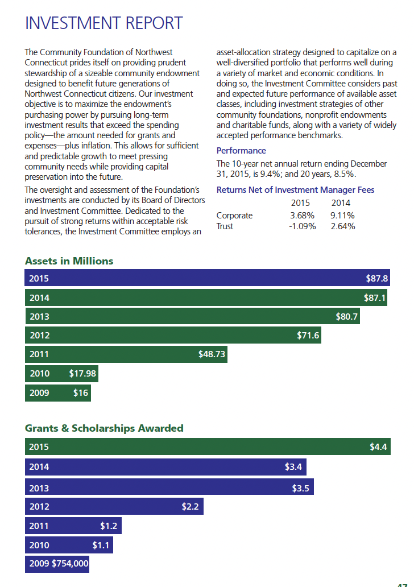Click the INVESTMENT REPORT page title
pos(103,23)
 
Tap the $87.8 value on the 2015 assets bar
pos(376,279)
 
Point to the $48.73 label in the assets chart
pos(212,354)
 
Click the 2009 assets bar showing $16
pos(57,393)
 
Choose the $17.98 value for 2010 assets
pos(82,374)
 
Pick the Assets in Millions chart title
pos(69,261)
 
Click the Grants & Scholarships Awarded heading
pos(104,428)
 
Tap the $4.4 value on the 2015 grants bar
pos(378,447)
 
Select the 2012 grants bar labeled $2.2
pos(114,506)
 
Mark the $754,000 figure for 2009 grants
pos(70,564)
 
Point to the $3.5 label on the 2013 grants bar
pos(300,487)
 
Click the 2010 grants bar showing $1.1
pos(69,545)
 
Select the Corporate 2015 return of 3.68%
pos(302,216)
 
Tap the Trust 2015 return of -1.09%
pos(302,226)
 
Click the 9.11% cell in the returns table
pos(342,216)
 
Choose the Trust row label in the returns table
pos(225,226)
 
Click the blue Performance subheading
pos(241,151)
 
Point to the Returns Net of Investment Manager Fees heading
pos(295,190)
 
